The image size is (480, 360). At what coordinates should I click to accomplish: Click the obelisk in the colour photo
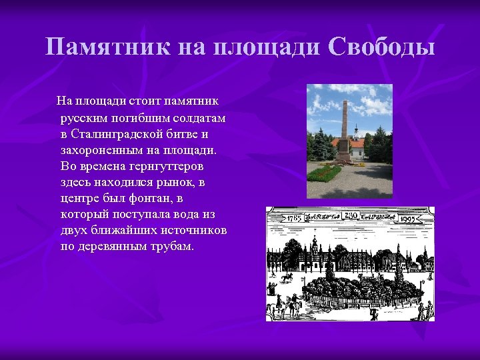point(344,130)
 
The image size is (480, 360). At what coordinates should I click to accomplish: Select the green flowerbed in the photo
point(324,173)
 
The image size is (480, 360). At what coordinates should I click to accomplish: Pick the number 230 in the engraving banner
point(351,215)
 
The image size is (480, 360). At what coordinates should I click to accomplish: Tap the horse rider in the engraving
point(287,275)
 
